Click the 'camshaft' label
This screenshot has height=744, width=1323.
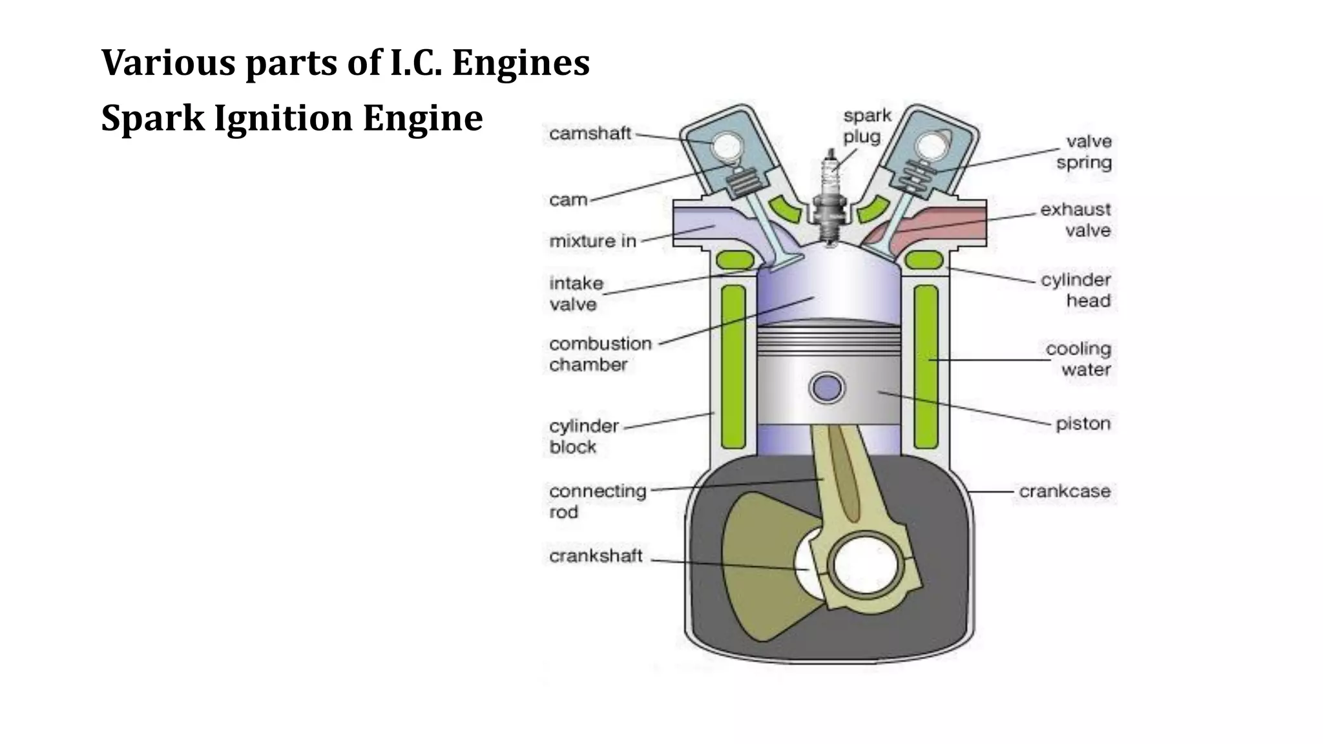(x=589, y=134)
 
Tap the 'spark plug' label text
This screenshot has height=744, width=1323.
(x=866, y=126)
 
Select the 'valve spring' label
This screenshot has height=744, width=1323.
(x=1084, y=152)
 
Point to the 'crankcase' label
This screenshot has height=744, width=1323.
(x=1064, y=491)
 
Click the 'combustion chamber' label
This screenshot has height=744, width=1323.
(x=600, y=354)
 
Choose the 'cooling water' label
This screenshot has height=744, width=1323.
(x=1078, y=359)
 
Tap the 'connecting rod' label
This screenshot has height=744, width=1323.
(x=597, y=501)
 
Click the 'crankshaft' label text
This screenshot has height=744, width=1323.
(x=595, y=556)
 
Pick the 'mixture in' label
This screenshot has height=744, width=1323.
(x=592, y=242)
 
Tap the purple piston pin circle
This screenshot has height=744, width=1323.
(x=827, y=388)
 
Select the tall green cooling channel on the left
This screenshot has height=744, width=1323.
(x=733, y=366)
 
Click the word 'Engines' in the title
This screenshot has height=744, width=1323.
(x=520, y=63)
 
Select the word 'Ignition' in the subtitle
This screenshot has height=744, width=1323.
(x=283, y=119)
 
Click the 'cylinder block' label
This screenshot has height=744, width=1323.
(x=583, y=437)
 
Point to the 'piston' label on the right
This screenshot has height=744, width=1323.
(x=1083, y=424)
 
